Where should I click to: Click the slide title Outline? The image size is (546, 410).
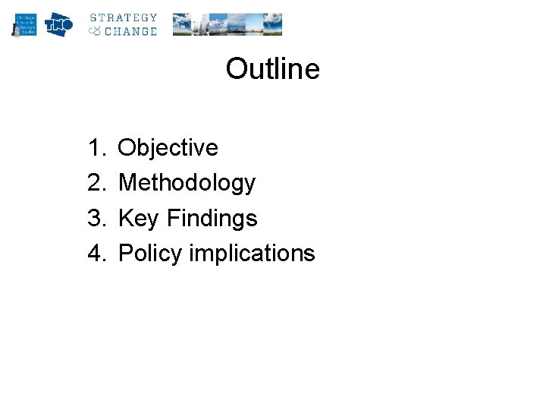(272, 69)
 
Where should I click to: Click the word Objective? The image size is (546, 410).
(168, 147)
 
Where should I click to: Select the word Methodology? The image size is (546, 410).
(187, 183)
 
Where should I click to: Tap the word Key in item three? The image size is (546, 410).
(139, 219)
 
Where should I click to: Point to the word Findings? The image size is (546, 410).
(212, 219)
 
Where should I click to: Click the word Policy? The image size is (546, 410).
(150, 253)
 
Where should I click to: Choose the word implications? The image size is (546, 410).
(252, 253)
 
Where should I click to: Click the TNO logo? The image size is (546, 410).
(58, 24)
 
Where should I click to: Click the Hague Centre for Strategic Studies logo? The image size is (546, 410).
(24, 24)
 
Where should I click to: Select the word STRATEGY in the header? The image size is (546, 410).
(124, 17)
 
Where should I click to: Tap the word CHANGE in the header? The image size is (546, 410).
(130, 31)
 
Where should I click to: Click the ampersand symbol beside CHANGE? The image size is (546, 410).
(95, 31)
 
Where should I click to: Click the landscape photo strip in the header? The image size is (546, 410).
(227, 24)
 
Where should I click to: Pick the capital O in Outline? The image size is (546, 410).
(236, 69)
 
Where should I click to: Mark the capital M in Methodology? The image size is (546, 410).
(129, 183)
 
